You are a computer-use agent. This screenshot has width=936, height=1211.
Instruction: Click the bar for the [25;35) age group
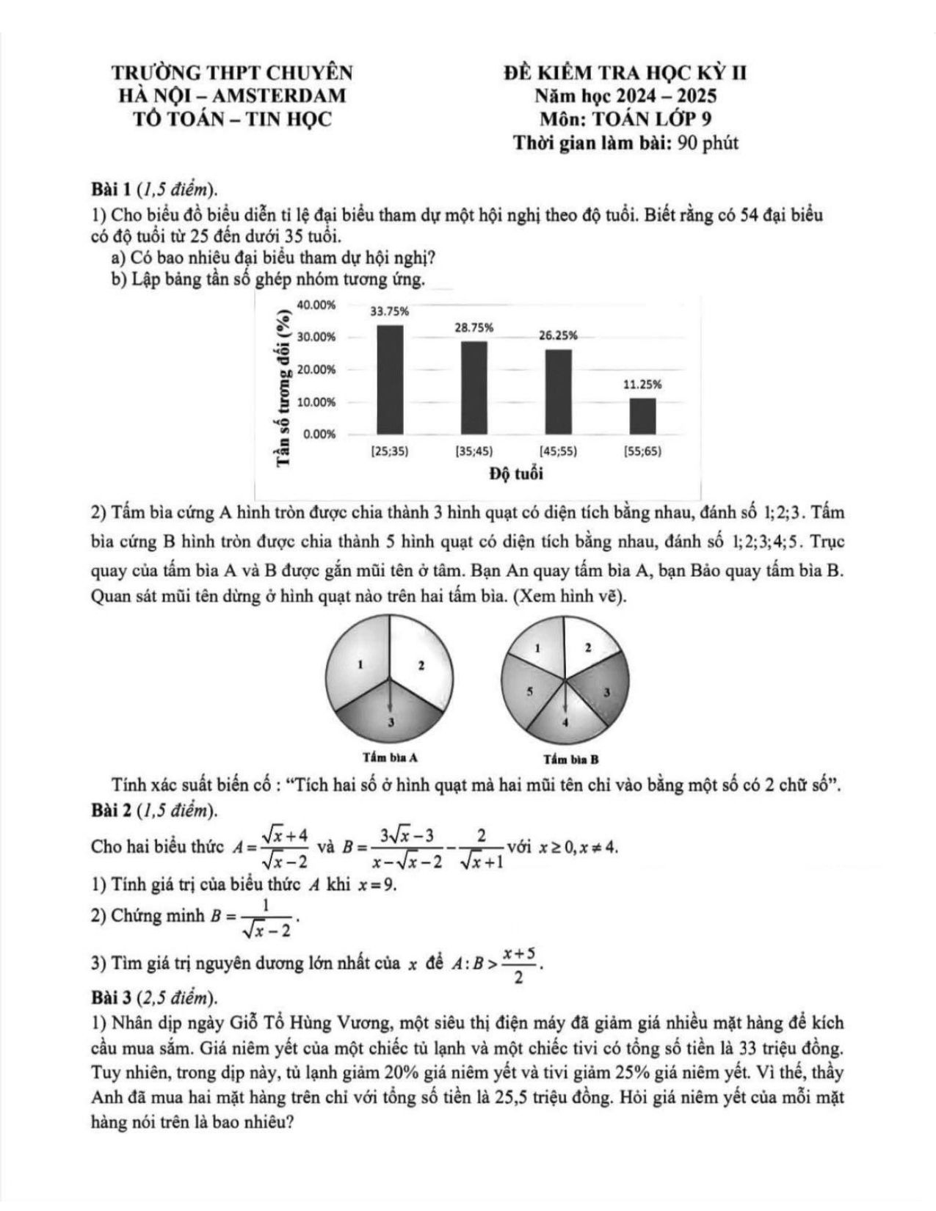pyautogui.click(x=390, y=379)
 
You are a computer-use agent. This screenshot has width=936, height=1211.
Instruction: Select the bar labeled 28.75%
pyautogui.click(x=474, y=388)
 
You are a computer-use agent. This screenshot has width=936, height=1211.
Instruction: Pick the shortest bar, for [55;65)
pyautogui.click(x=642, y=415)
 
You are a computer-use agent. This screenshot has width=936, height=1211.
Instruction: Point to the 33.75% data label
pyautogui.click(x=389, y=311)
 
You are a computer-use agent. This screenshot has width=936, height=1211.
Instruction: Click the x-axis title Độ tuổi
pyautogui.click(x=517, y=474)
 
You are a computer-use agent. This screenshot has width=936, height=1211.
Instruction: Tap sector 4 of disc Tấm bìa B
pyautogui.click(x=565, y=723)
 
